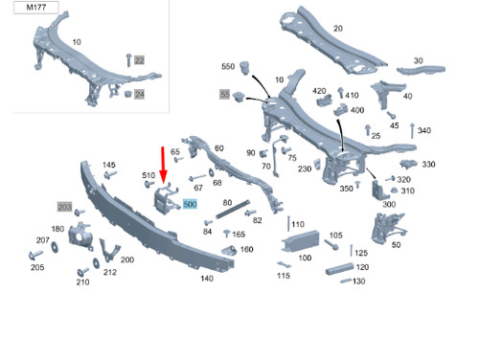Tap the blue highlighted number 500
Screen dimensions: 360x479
point(189,204)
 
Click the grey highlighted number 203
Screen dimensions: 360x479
point(65,207)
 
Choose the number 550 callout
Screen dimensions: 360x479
point(228,66)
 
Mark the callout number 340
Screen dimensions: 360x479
point(424,130)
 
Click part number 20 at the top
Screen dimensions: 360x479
point(337,28)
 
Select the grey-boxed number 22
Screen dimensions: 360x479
point(138,60)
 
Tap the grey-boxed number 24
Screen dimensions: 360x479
point(138,94)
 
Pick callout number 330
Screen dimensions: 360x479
point(428,164)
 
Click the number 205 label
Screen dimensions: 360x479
point(37,267)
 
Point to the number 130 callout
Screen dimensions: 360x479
point(359,281)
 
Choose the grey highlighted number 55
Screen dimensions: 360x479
point(225,95)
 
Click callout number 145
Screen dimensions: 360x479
point(109,165)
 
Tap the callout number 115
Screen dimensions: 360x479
point(283,276)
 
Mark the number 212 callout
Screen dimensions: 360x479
point(110,272)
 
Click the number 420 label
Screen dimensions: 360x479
point(320,90)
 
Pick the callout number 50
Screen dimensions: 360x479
point(397,244)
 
